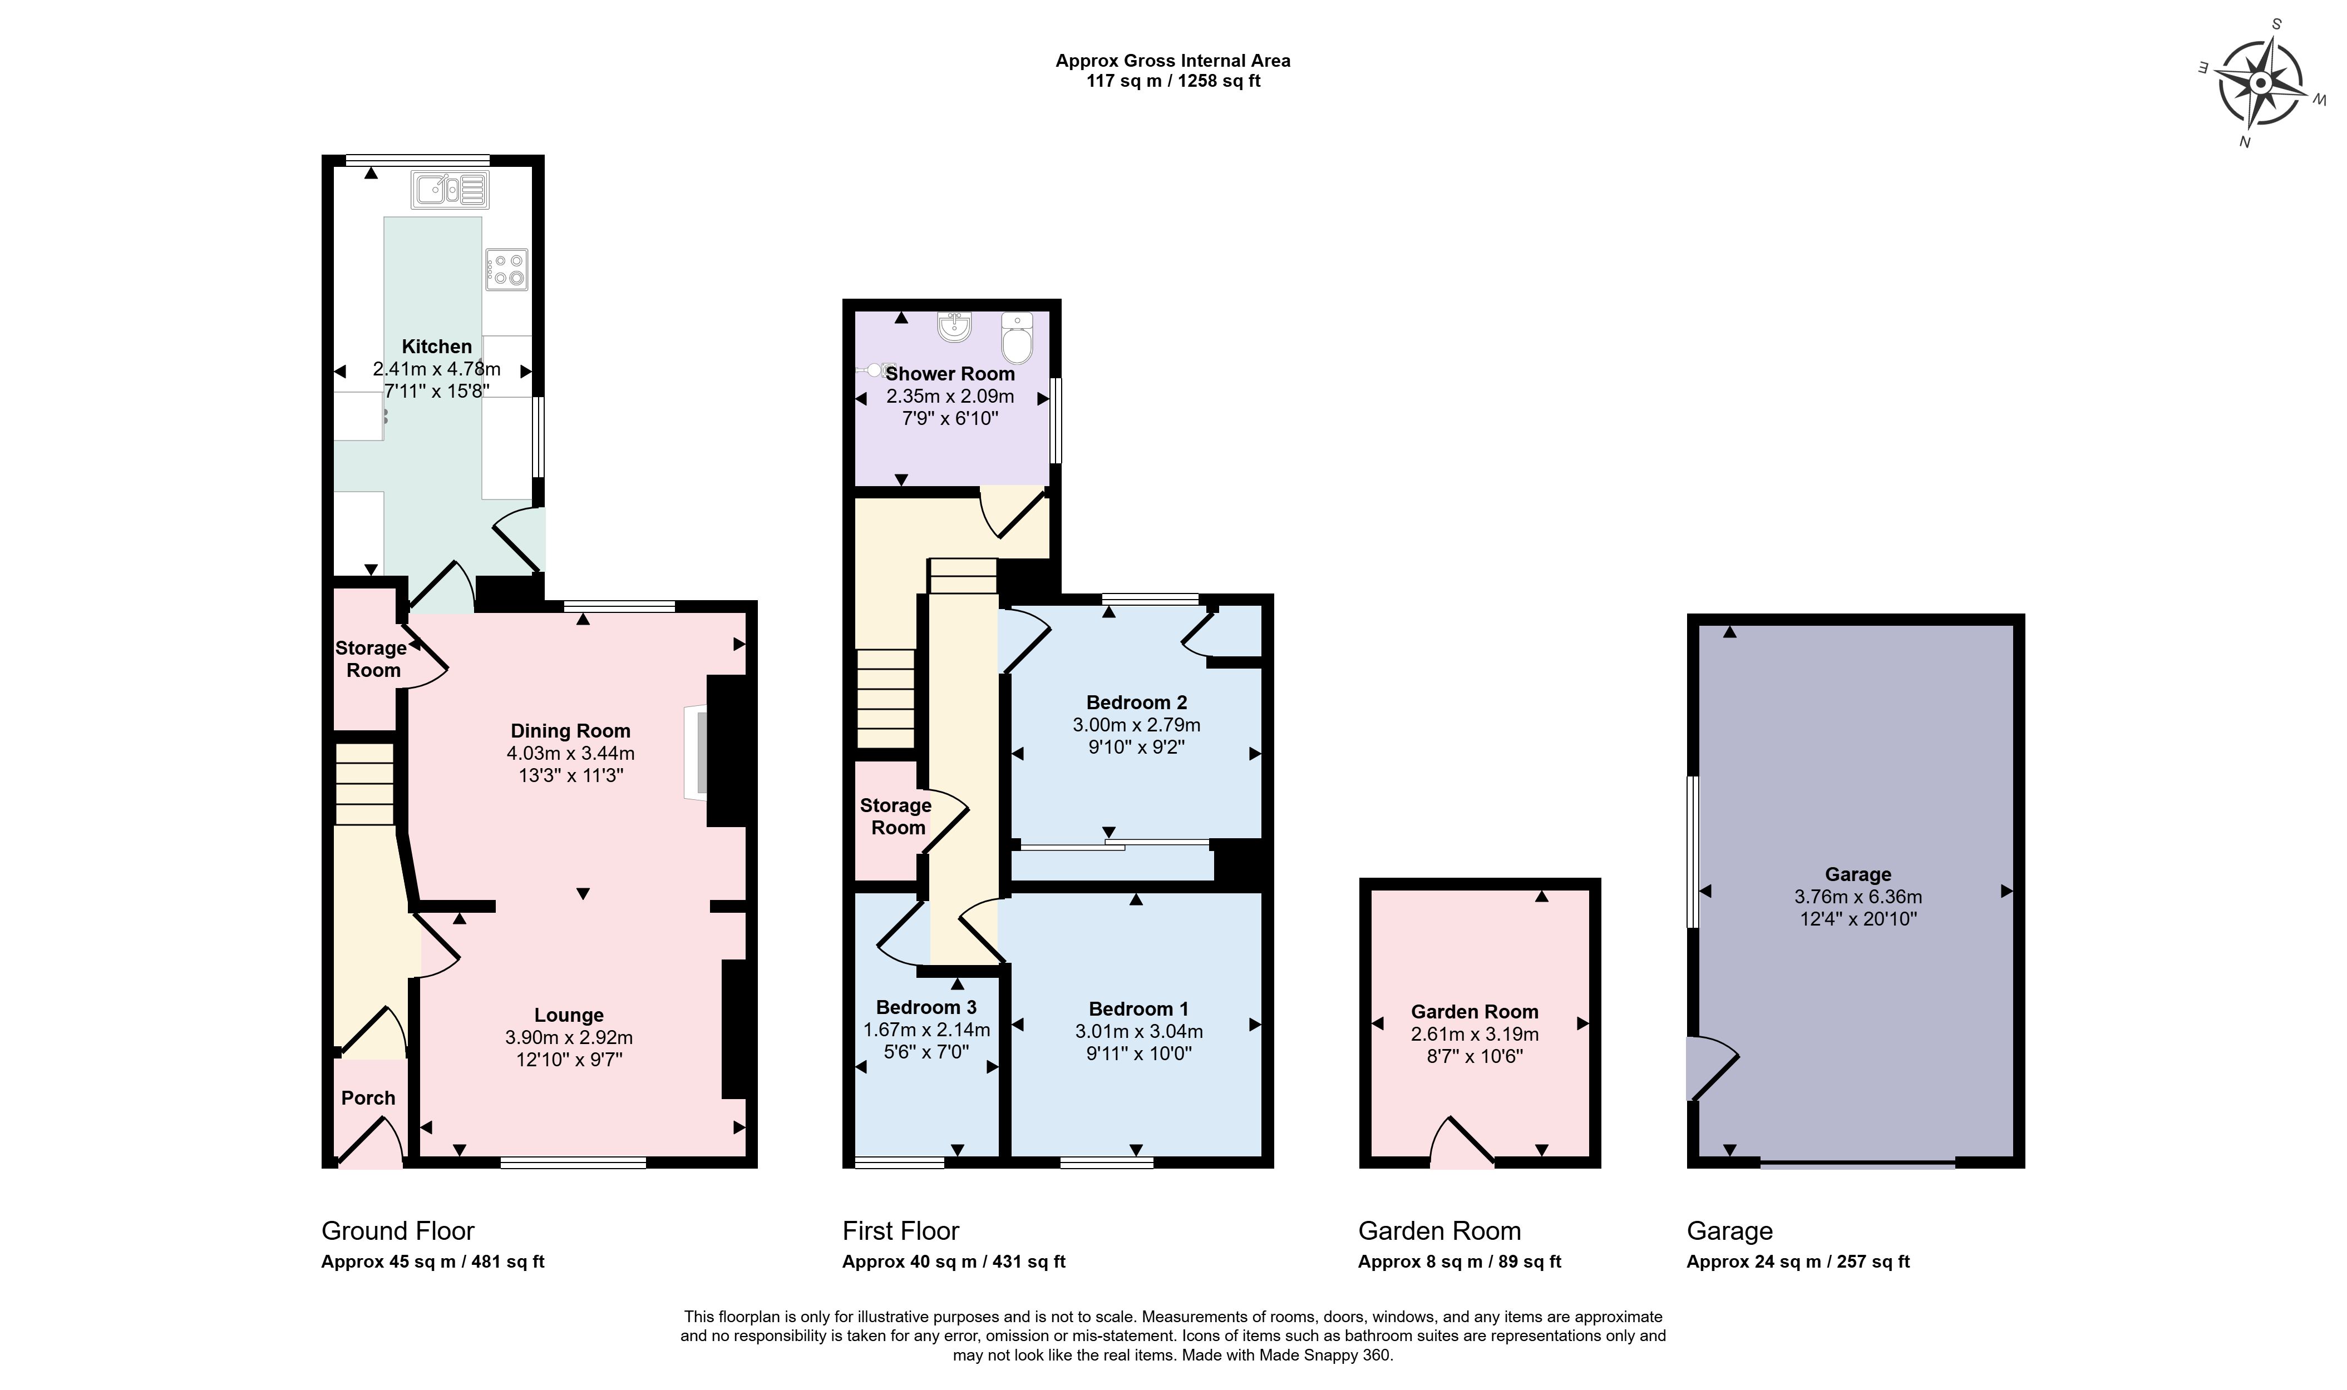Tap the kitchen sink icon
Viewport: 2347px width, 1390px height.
coord(450,190)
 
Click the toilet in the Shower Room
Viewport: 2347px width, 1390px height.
coord(1017,338)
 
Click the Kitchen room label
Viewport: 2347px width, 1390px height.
coord(437,347)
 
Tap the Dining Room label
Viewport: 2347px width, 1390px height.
coord(570,730)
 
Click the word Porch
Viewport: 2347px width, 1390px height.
coord(368,1098)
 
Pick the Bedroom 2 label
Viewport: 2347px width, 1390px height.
coord(1136,703)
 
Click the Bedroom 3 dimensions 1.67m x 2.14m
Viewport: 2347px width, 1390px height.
coord(926,1030)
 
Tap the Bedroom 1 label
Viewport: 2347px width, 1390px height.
coord(1138,1009)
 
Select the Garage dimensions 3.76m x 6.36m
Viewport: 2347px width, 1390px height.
coord(1858,897)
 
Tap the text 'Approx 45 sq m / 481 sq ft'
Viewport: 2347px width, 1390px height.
coord(433,1262)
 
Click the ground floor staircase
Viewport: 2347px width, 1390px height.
coord(364,785)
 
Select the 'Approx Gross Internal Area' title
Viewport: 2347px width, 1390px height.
coord(1173,61)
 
